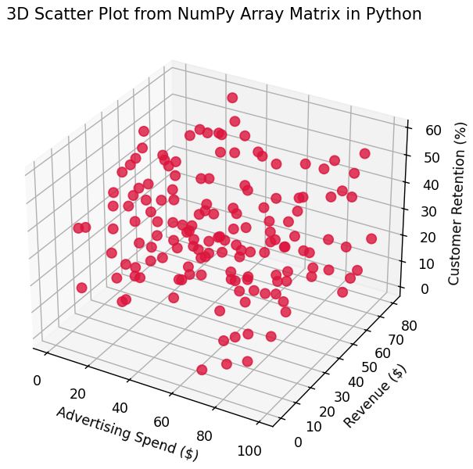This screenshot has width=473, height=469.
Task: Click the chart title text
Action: (x=213, y=14)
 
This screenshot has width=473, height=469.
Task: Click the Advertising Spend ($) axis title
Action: (x=126, y=431)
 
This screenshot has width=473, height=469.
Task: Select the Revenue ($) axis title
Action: (x=376, y=396)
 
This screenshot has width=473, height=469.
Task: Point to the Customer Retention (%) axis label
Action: (x=459, y=203)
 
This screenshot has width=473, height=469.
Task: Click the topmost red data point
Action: (x=231, y=98)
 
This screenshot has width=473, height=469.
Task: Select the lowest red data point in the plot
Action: (x=202, y=370)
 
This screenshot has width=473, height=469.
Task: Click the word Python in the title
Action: (x=391, y=14)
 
